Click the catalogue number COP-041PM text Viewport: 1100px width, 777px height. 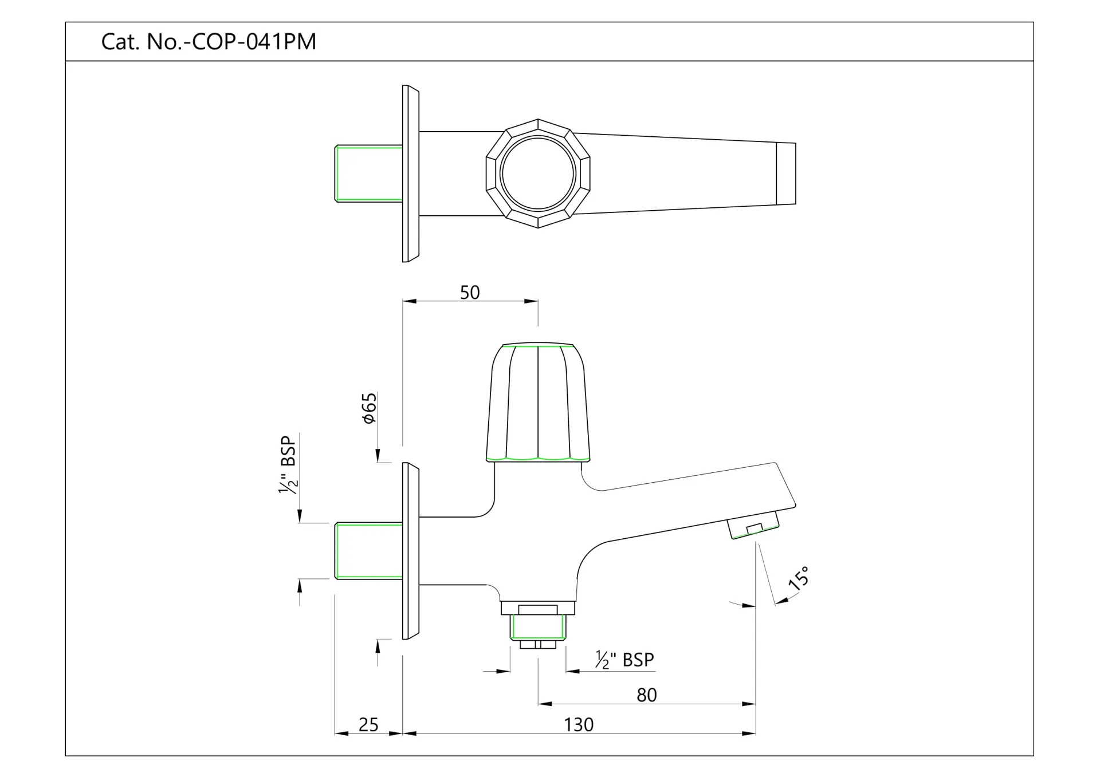pyautogui.click(x=209, y=42)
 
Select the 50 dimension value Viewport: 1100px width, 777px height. pyautogui.click(x=470, y=293)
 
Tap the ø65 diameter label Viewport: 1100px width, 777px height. pyautogui.click(x=370, y=408)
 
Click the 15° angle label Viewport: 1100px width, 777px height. pyautogui.click(x=799, y=578)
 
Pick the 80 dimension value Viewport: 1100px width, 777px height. pyautogui.click(x=646, y=695)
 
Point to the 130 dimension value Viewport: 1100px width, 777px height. pyautogui.click(x=578, y=725)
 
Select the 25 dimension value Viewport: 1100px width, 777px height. pyautogui.click(x=368, y=725)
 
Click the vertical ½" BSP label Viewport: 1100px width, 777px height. pyautogui.click(x=288, y=465)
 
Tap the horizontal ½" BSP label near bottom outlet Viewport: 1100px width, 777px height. pyautogui.click(x=624, y=660)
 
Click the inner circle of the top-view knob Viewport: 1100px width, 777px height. pyautogui.click(x=537, y=173)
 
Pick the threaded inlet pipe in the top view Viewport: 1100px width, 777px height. pyautogui.click(x=368, y=173)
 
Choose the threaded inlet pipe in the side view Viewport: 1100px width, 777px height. pyautogui.click(x=368, y=551)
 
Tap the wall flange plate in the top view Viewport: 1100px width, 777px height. pyautogui.click(x=410, y=173)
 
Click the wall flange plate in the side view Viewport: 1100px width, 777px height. pyautogui.click(x=410, y=551)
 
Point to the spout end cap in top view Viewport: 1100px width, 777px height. pyautogui.click(x=785, y=173)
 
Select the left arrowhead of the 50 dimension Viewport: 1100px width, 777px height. pyautogui.click(x=409, y=301)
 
